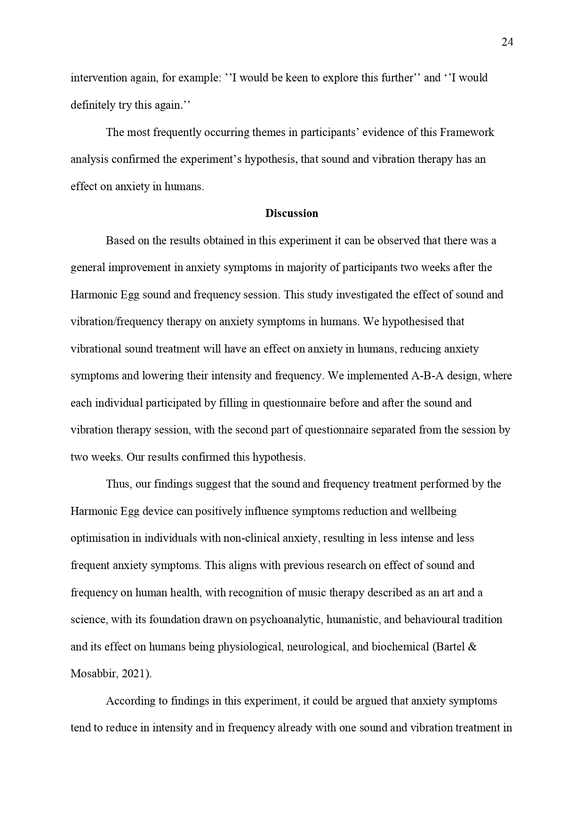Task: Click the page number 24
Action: (x=507, y=42)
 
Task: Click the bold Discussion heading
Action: (x=292, y=213)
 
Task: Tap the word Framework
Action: (x=467, y=132)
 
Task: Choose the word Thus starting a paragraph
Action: (x=118, y=484)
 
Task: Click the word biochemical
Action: (x=400, y=647)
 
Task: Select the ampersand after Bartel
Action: (x=472, y=647)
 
